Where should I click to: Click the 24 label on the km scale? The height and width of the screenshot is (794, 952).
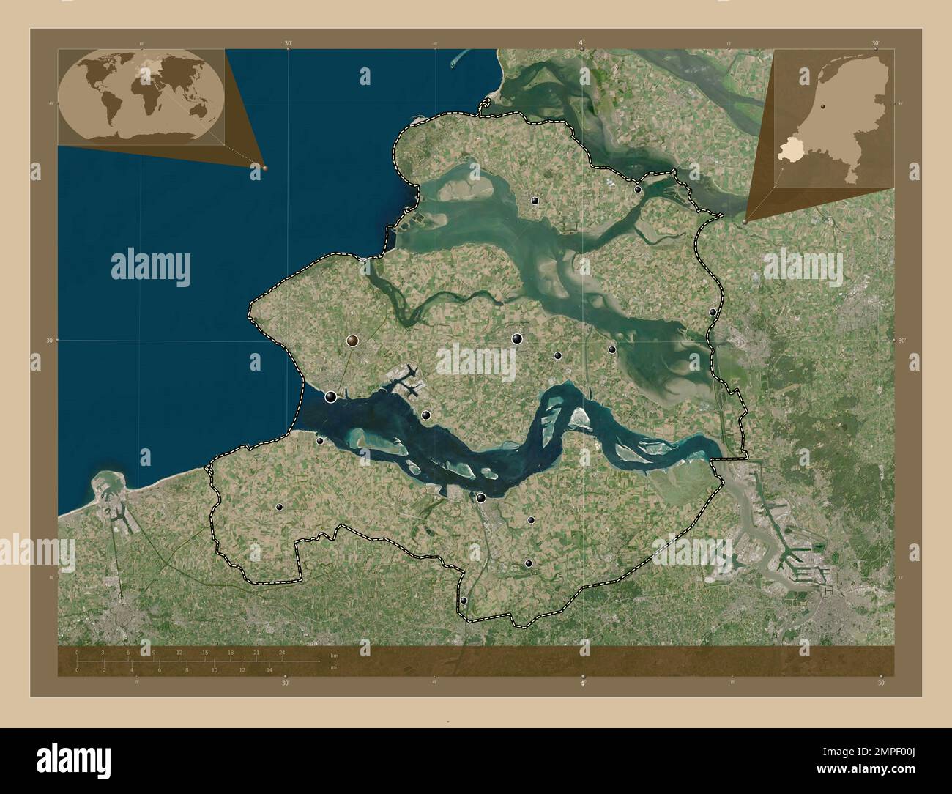(281, 652)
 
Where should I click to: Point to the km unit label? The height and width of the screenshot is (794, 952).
(334, 655)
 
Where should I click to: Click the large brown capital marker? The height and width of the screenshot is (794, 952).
(353, 340)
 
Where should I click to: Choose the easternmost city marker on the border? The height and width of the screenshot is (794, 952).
(713, 313)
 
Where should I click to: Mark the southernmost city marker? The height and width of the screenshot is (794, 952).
(464, 601)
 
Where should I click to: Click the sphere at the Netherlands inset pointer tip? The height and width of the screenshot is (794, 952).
(745, 220)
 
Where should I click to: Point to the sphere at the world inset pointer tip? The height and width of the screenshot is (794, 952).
(264, 168)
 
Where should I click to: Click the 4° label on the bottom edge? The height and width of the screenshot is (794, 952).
(582, 683)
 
